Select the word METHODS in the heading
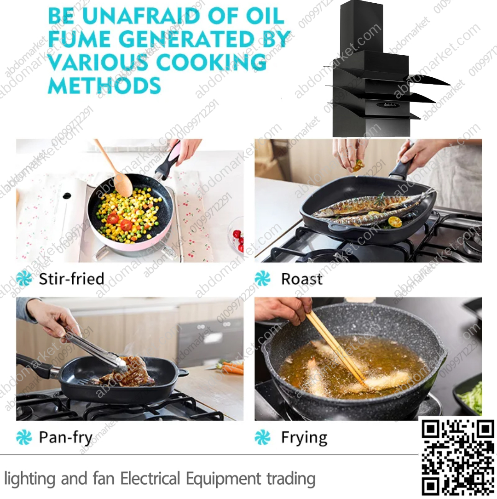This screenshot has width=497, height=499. click(104, 85)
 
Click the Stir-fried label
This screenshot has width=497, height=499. click(72, 279)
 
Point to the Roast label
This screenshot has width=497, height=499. click(301, 279)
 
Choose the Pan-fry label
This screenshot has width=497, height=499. click(66, 437)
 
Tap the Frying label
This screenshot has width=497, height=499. click(304, 438)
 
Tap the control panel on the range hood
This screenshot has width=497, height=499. click(386, 105)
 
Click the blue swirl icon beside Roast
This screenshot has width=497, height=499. click(262, 279)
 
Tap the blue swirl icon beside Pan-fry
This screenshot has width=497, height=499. click(24, 437)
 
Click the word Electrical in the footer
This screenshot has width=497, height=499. click(150, 479)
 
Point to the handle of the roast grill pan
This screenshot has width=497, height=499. click(402, 166)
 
